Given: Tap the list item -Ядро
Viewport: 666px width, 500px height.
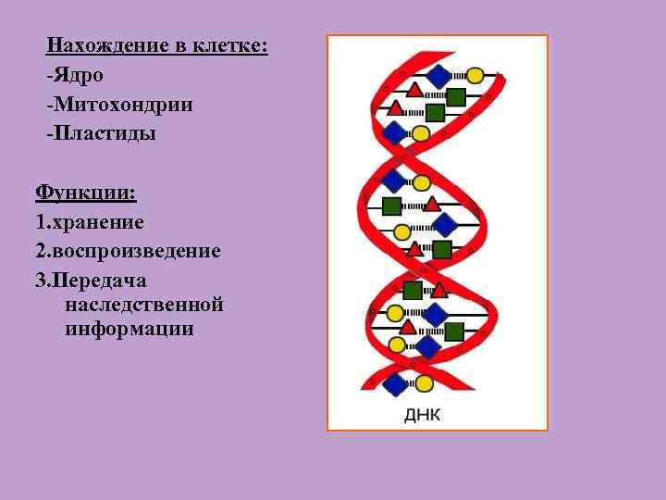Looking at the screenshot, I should [75, 74].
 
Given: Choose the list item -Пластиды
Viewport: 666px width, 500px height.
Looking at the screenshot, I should [101, 133].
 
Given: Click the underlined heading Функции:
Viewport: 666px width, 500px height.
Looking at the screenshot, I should [85, 193].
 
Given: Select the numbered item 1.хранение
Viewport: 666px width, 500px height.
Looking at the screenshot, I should [90, 222].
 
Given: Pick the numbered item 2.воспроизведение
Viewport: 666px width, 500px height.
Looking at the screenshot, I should [128, 251].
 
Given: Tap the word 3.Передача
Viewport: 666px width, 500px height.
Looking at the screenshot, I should [91, 281].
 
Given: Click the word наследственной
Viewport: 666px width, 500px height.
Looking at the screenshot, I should [144, 304].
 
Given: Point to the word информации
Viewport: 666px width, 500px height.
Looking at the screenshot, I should [129, 328].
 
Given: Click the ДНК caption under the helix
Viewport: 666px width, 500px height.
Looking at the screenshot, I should [423, 414].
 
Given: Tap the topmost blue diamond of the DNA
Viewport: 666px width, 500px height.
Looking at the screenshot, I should [438, 76].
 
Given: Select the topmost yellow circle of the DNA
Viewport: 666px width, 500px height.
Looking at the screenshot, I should [475, 75].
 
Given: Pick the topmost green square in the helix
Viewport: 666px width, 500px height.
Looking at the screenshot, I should [455, 96].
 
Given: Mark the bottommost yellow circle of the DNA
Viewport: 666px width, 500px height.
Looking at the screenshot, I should [425, 382].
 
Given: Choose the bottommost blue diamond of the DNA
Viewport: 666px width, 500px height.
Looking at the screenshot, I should [396, 383].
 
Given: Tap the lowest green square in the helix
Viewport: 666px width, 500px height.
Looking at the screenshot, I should [454, 331].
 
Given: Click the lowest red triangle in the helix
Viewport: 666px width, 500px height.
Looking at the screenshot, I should [407, 326].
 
